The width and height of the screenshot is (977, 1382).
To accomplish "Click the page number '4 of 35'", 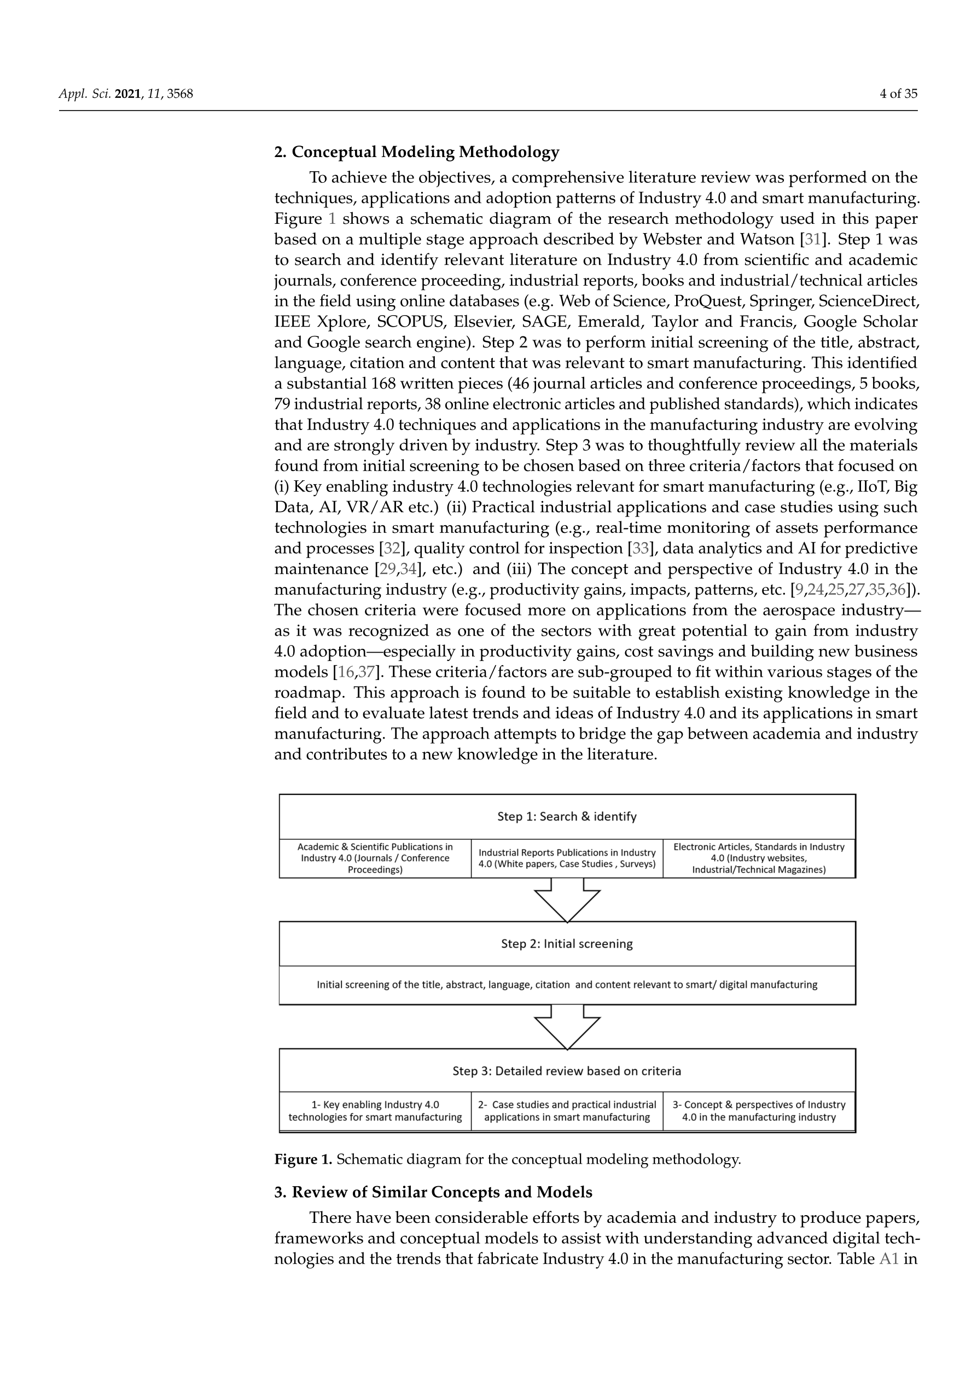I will (x=898, y=94).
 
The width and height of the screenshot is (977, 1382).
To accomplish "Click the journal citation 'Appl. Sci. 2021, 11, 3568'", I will (x=125, y=94).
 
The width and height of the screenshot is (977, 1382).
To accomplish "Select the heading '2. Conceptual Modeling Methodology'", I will (x=416, y=152).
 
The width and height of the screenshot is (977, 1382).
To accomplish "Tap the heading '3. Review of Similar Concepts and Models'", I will (x=433, y=1192).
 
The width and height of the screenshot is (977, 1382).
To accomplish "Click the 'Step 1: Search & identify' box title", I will (x=567, y=816).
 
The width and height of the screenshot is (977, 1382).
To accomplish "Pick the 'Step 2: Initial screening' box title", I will (x=567, y=943).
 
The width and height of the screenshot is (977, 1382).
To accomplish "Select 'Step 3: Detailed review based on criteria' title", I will (x=567, y=1071).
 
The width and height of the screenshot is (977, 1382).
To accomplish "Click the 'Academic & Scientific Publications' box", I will (x=375, y=858).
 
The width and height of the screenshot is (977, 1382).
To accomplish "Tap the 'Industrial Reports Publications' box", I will (x=567, y=858).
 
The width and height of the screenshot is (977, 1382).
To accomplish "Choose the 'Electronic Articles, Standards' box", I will (x=759, y=858).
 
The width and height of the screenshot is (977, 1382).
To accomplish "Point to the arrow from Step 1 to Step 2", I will (x=567, y=899).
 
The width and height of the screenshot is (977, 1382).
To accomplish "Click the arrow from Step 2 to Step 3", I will (x=567, y=1027).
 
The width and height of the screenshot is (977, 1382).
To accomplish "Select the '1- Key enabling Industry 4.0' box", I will (x=375, y=1111).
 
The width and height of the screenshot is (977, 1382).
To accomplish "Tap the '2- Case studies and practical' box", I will (x=567, y=1111).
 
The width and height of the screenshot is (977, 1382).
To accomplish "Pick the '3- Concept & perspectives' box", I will (x=759, y=1111).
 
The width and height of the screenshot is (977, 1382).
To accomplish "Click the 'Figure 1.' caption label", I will (x=303, y=1159).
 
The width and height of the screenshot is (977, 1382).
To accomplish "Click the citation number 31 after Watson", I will (x=813, y=240).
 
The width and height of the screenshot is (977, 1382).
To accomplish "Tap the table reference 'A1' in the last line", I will (x=888, y=1258).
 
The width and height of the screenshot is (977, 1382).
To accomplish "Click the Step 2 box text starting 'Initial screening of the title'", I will (x=567, y=985).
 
